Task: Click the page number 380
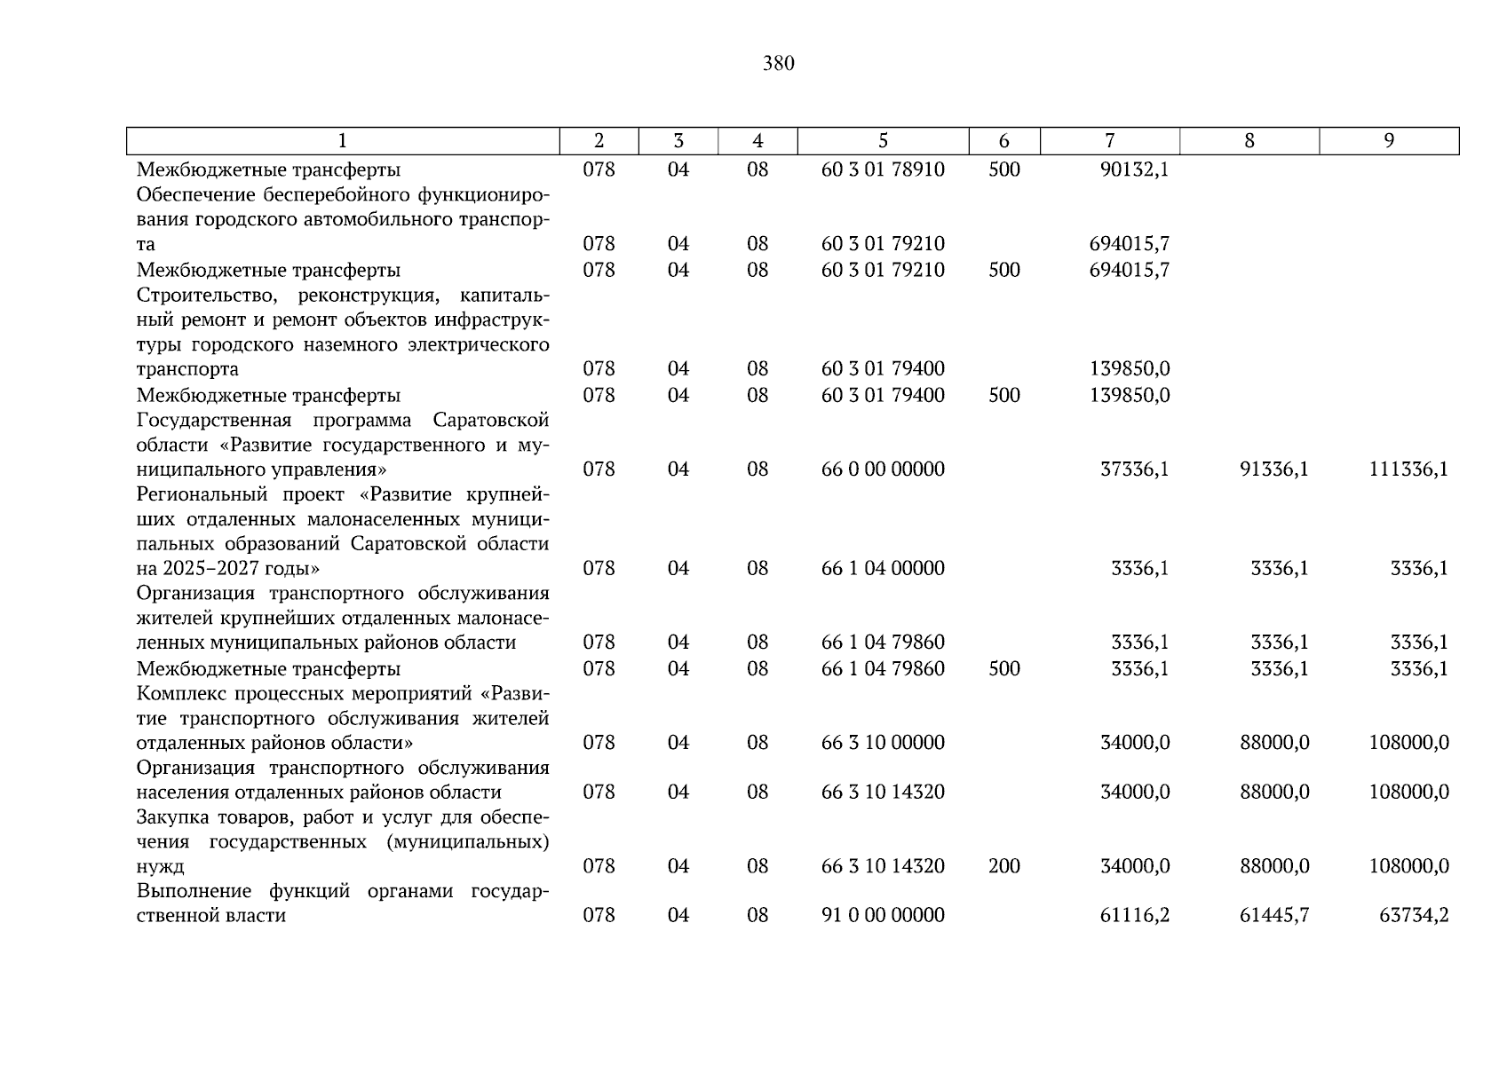click(x=778, y=63)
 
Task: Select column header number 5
click(x=883, y=141)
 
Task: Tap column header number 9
click(x=1389, y=141)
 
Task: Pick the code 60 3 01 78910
click(x=883, y=170)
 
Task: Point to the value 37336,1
click(x=1134, y=469)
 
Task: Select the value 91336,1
click(x=1273, y=469)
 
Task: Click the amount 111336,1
click(x=1408, y=469)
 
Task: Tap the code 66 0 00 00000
click(x=883, y=469)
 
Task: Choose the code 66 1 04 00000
click(x=883, y=569)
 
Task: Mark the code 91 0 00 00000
click(x=883, y=915)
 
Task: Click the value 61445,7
click(x=1273, y=915)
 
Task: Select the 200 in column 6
click(x=1003, y=866)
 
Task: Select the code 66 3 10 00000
click(x=883, y=743)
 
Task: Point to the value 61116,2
click(x=1134, y=915)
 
